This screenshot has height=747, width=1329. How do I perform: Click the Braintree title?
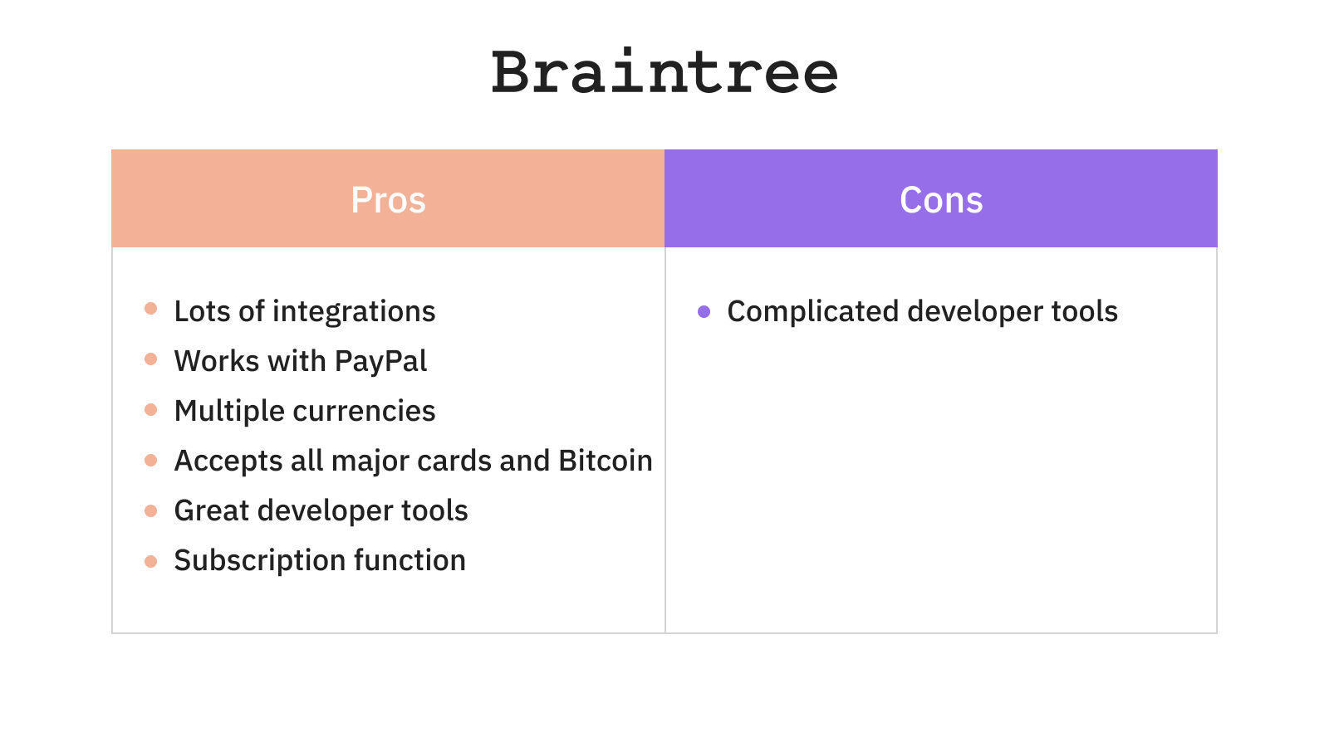[x=664, y=71]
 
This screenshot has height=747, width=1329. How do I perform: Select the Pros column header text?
[x=388, y=200]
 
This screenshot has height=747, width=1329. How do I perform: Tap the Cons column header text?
[x=941, y=200]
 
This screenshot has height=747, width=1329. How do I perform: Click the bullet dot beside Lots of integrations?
[x=150, y=308]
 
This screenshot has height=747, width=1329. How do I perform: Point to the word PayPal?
[x=380, y=362]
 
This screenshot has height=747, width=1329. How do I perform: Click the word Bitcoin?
[x=606, y=461]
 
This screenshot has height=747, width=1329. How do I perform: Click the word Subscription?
[x=260, y=561]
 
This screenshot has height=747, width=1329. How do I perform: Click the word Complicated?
[x=813, y=312]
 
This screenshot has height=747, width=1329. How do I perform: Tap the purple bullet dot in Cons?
[x=704, y=311]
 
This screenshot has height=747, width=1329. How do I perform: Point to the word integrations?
[x=354, y=312]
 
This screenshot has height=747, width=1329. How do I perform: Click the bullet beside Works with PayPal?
[x=150, y=359]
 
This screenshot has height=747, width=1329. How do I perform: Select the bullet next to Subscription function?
[x=150, y=561]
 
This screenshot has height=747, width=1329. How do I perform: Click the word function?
[x=410, y=560]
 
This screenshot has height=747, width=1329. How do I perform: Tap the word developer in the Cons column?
[x=975, y=312]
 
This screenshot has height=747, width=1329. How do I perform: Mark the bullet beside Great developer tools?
[x=150, y=511]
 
